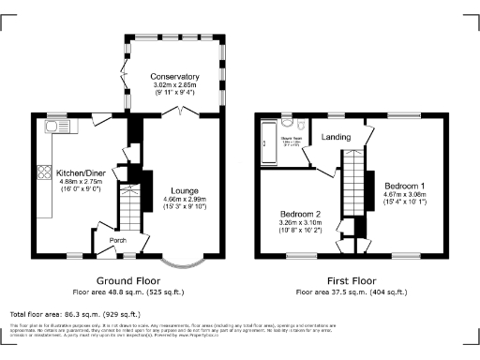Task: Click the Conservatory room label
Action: click(175, 77)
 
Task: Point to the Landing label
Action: click(337, 137)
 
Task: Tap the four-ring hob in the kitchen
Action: click(43, 172)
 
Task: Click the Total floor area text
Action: click(75, 314)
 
